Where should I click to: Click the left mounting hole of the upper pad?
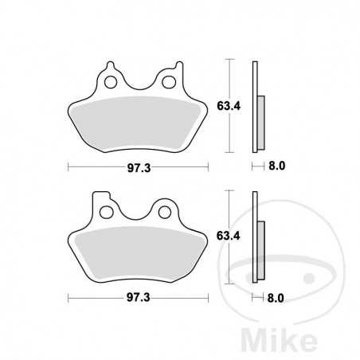[x=111, y=80]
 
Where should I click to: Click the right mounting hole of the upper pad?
[x=168, y=80]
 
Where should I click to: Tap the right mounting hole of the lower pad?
[x=166, y=211]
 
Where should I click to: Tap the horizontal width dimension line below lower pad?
[x=96, y=299]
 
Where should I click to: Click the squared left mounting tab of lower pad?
[x=100, y=199]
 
